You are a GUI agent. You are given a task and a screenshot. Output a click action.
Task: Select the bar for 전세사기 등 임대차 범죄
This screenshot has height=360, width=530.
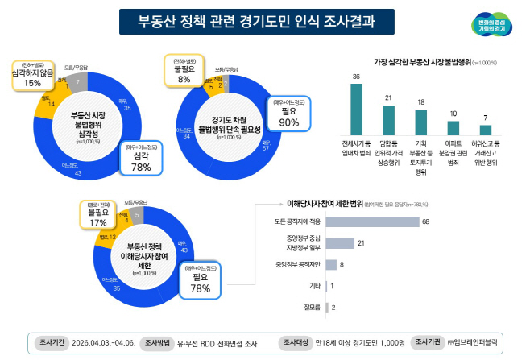[356, 109]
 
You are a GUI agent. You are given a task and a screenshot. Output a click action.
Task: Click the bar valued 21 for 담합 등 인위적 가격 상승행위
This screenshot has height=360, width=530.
[389, 120]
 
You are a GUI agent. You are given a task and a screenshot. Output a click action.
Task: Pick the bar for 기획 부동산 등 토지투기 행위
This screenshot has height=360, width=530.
[420, 122]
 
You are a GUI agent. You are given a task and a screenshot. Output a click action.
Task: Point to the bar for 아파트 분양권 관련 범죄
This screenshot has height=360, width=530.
[453, 128]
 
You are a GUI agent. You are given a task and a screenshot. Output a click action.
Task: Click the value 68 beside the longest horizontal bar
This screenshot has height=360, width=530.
[425, 221]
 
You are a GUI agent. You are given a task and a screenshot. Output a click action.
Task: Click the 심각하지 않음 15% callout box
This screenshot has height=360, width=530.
[32, 76]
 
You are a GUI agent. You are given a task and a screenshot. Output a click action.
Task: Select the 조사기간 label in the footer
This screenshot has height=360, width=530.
[51, 342]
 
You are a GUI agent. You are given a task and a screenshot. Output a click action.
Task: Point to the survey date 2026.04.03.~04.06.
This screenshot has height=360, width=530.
[102, 342]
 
